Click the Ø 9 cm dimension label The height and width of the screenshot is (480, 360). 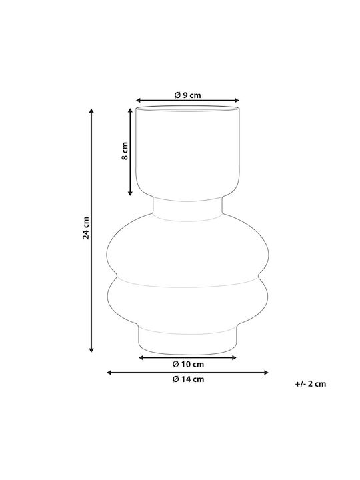coord(187,95)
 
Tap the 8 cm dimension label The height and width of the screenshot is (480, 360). coord(125,151)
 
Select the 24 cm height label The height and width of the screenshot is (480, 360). coord(86,228)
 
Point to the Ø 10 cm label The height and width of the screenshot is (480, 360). coord(188,364)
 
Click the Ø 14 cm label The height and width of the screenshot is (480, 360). coord(188,379)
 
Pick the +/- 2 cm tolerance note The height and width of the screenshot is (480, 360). coord(311,384)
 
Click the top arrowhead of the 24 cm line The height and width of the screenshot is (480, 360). coord(91,111)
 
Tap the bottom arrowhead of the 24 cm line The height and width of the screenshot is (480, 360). coord(91,349)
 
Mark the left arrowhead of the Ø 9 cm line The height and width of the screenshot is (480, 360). coord(139,101)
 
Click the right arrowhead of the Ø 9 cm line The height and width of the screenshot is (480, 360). coord(236,101)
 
